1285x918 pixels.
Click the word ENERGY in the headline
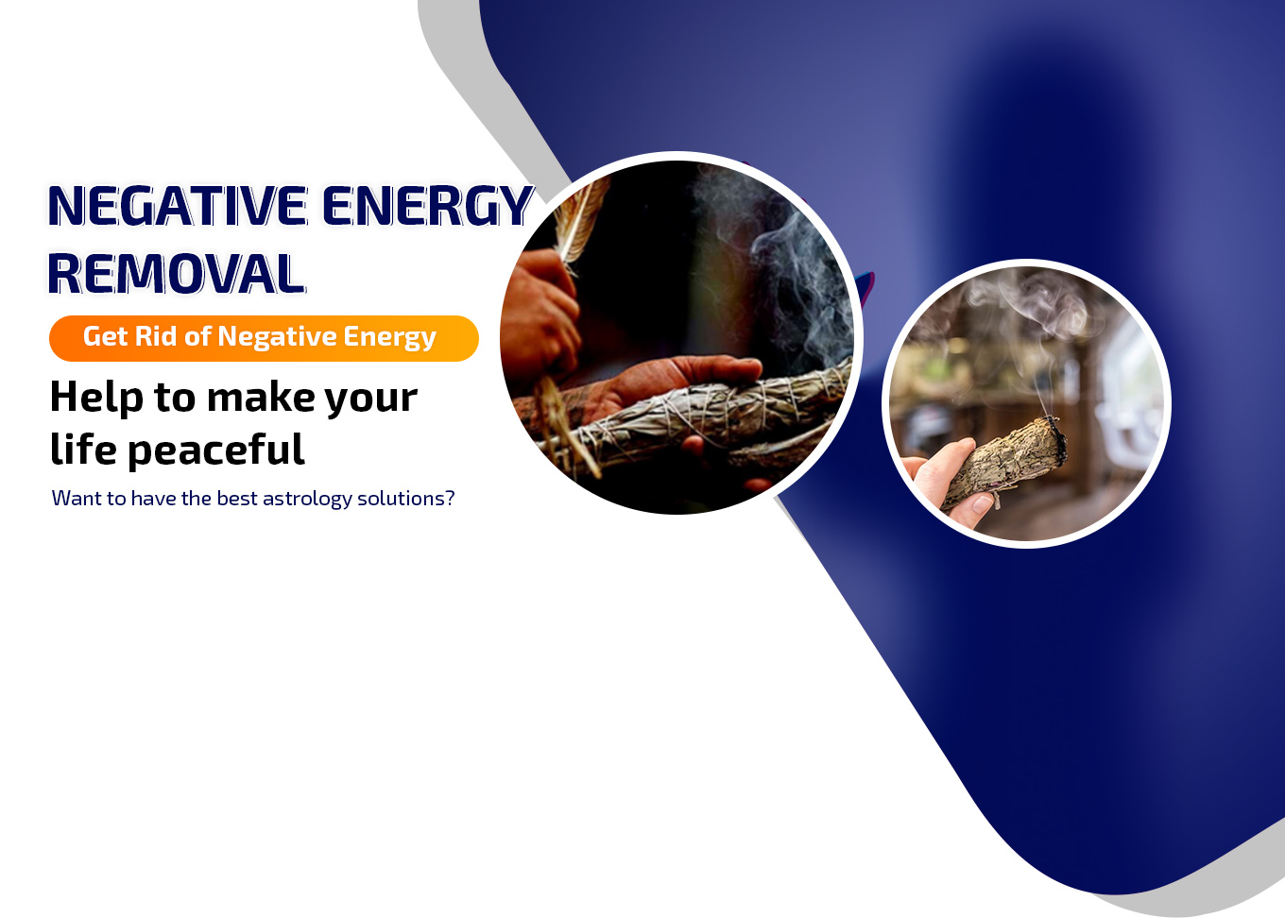coord(427,205)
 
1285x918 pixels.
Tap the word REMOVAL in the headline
coord(176,274)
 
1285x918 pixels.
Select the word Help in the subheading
coord(96,398)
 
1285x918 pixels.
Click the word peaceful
coord(215,450)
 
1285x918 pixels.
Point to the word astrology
coord(307,499)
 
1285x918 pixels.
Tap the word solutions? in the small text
coord(405,499)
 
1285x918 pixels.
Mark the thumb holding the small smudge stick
coord(974,507)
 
